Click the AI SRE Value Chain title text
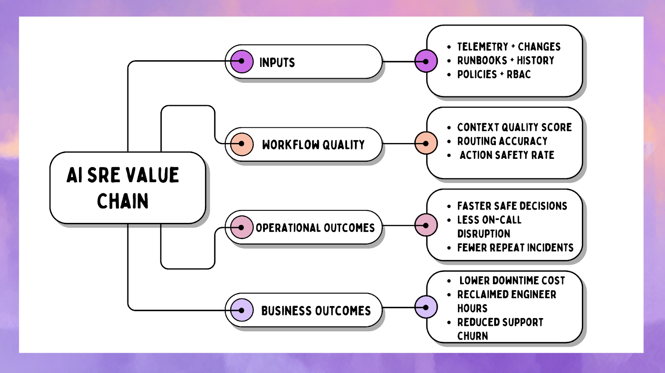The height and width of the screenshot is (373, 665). pos(123,188)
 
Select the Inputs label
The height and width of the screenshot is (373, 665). pos(277,62)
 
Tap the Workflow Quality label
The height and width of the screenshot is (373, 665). pos(313,145)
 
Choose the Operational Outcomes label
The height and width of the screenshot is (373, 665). pos(315,228)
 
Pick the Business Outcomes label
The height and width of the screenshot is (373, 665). pos(316,311)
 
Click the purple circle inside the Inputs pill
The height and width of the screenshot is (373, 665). pos(241,62)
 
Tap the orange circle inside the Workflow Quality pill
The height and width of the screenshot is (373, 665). pos(241,144)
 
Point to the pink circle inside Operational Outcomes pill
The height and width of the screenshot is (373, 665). pos(241,227)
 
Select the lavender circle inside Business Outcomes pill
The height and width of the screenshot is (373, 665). pos(241,310)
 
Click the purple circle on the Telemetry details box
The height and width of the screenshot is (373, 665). pos(426,61)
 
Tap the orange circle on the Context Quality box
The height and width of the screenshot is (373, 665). pos(426,143)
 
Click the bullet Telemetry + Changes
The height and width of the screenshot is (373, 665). pos(509,47)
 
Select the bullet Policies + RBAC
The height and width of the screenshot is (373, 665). pos(494,74)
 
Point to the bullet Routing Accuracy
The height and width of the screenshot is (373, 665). pos(502,141)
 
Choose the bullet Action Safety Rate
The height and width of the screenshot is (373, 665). pos(507,155)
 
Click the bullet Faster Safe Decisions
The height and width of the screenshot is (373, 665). pos(512,206)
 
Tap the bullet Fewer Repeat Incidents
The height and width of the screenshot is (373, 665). pos(515,248)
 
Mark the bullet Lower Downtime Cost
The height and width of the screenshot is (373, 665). pos(512,281)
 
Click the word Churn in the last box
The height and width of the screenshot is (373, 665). pos(473,336)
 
